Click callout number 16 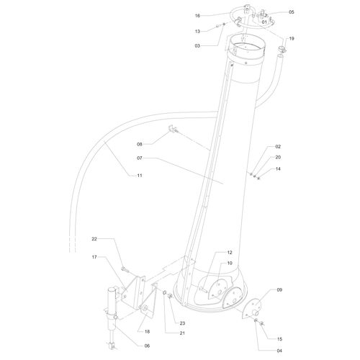click(197, 15)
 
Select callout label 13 click(197, 32)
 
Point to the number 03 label click(197, 45)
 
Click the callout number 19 click(292, 38)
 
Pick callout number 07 click(142, 158)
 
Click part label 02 click(278, 147)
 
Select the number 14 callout click(278, 168)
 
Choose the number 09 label click(280, 290)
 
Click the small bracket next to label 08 click(173, 130)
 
